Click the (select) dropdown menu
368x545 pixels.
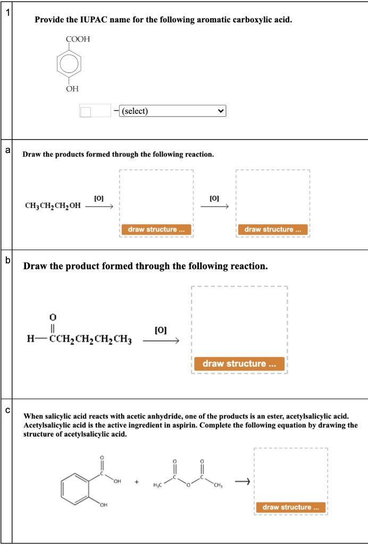(x=173, y=111)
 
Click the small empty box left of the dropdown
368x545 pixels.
(x=86, y=111)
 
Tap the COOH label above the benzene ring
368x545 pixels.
(x=78, y=39)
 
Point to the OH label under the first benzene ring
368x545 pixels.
(x=72, y=89)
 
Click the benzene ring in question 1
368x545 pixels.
(x=72, y=64)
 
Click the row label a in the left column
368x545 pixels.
(x=7, y=150)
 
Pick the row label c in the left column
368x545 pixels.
(x=7, y=410)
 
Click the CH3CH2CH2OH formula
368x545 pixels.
(x=53, y=205)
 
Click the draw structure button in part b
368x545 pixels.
(x=239, y=364)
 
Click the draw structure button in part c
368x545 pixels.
(x=290, y=507)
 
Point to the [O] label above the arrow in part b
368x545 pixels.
(x=161, y=330)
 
